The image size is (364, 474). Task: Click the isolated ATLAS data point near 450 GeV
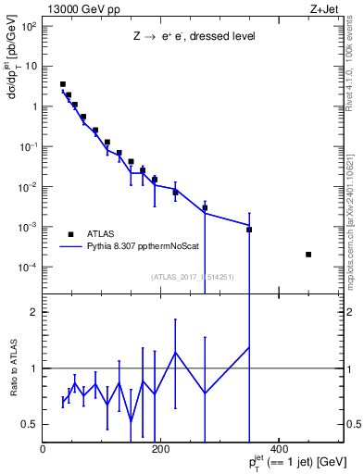pos(308,255)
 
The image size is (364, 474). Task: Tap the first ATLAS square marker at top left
pos(63,84)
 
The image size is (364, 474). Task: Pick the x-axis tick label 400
pos(280,450)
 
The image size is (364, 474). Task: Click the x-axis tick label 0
pos(44,450)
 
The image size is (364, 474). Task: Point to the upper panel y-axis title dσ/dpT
pos(13,83)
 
